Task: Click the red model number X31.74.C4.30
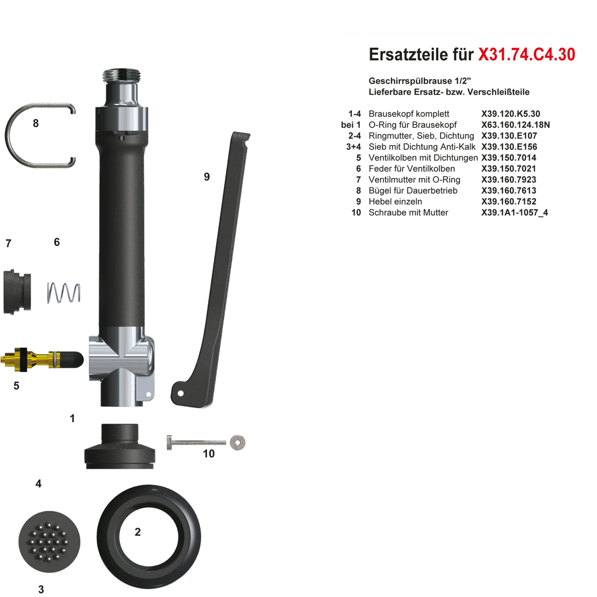tap(527, 55)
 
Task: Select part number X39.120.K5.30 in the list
tap(510, 114)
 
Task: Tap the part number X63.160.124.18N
tap(515, 125)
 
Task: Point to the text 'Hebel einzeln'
tap(396, 201)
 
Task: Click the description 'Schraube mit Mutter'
tap(408, 212)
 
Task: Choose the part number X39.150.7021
tap(508, 169)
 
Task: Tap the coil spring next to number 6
tap(64, 293)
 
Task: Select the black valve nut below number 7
tap(17, 292)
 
